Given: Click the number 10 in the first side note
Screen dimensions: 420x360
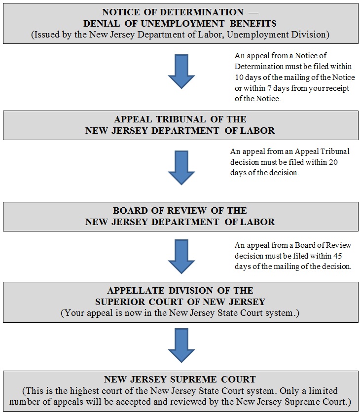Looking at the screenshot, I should (x=239, y=78).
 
